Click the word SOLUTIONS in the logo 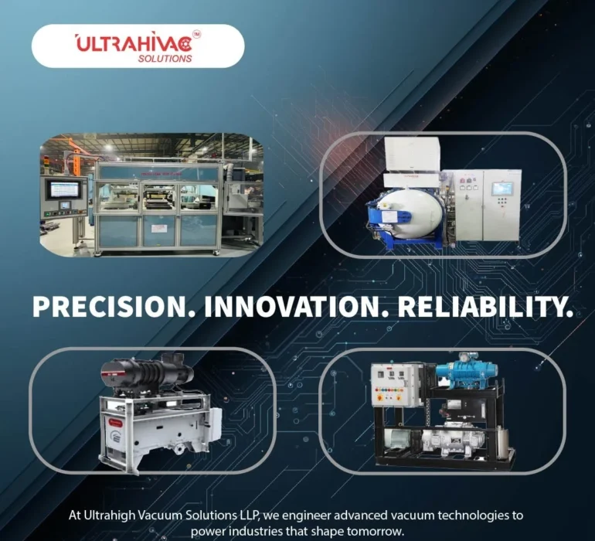165,58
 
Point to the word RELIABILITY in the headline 485,306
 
